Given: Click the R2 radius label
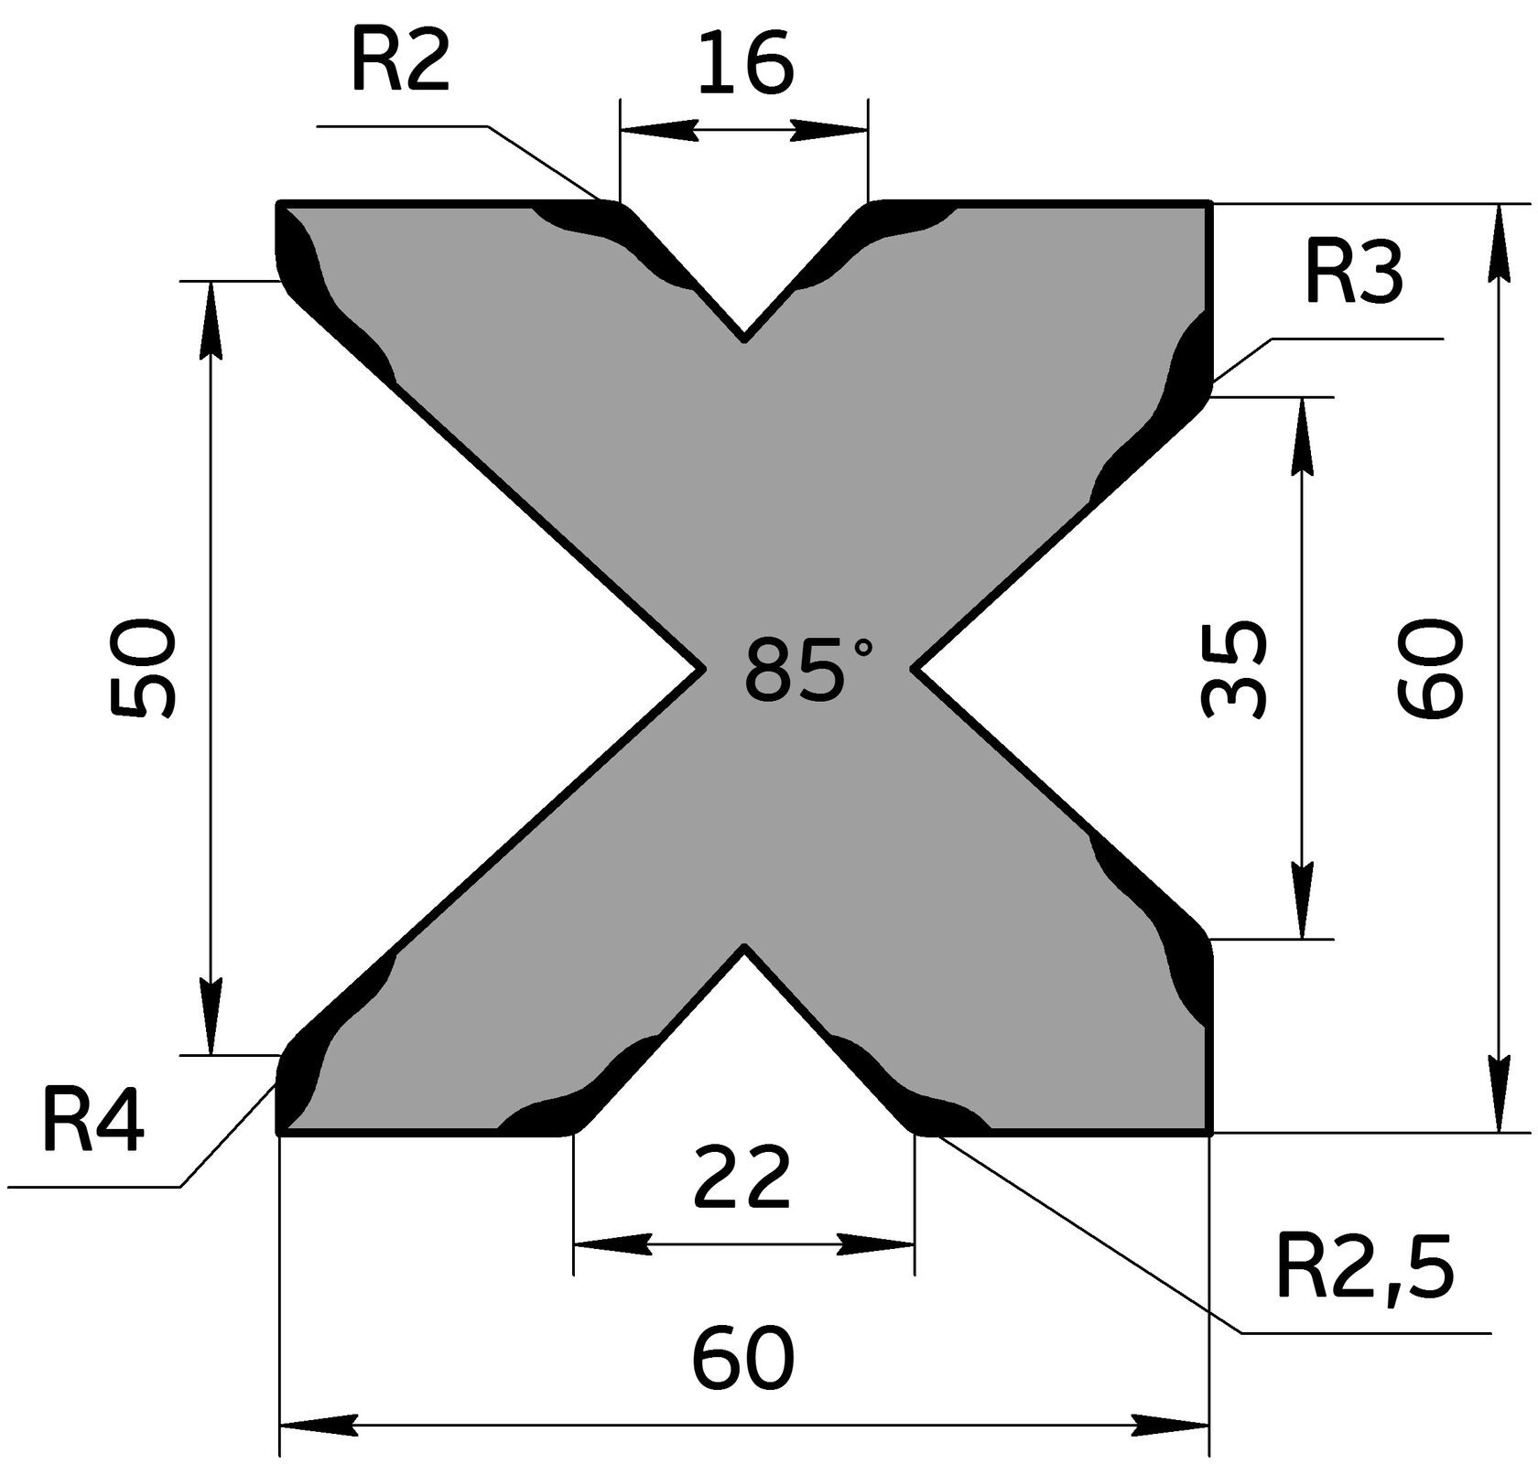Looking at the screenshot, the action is point(399,65).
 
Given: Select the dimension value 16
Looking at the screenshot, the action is point(744,67).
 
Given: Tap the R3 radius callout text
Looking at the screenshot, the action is point(1353,275).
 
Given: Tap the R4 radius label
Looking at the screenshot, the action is point(92,1125).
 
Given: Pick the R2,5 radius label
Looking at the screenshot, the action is point(1364,1271).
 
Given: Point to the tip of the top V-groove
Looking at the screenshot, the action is point(744,340).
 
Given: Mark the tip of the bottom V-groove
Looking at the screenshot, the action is point(745,946).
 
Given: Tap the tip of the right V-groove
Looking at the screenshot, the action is point(913,669).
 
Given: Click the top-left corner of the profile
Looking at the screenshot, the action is point(279,201).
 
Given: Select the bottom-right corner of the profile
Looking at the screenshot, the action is point(1210,1133).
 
